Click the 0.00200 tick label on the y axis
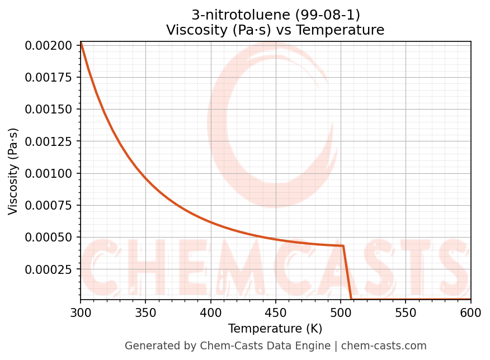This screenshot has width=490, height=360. [x=49, y=45]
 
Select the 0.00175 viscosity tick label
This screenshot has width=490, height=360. [x=49, y=77]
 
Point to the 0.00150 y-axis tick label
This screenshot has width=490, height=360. [x=49, y=109]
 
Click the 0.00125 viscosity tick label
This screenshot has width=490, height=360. [x=49, y=141]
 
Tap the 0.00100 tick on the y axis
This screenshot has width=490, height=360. [x=49, y=173]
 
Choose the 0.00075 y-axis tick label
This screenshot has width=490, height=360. [x=49, y=206]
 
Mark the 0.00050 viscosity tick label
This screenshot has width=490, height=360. [x=49, y=238]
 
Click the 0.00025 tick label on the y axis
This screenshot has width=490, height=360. [x=49, y=270]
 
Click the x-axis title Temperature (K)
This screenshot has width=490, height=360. [x=275, y=328]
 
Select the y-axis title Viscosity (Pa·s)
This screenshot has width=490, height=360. [x=13, y=171]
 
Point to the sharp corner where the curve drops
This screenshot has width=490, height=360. [x=343, y=245]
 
